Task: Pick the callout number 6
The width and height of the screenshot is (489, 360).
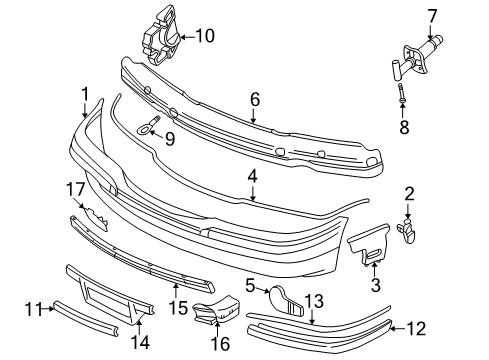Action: click(x=254, y=99)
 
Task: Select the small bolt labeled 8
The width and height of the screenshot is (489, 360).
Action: click(x=400, y=98)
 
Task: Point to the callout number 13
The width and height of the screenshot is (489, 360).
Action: click(x=313, y=299)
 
